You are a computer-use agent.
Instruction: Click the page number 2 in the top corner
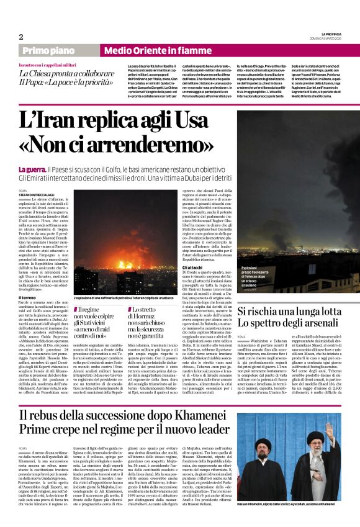point(20,37)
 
